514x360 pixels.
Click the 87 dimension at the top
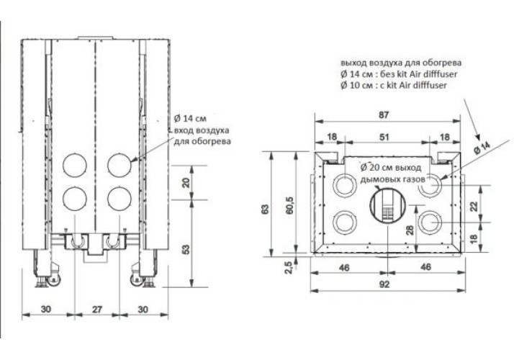pyautogui.click(x=384, y=115)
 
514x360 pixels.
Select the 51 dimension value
pyautogui.click(x=384, y=137)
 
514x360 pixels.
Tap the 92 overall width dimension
pyautogui.click(x=384, y=284)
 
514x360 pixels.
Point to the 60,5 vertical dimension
pyautogui.click(x=290, y=206)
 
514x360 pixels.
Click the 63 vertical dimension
pyautogui.click(x=266, y=209)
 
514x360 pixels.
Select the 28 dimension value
pyautogui.click(x=410, y=230)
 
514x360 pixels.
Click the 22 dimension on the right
pyautogui.click(x=474, y=206)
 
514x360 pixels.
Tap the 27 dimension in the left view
pyautogui.click(x=97, y=309)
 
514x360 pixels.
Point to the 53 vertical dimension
pyautogui.click(x=186, y=249)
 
